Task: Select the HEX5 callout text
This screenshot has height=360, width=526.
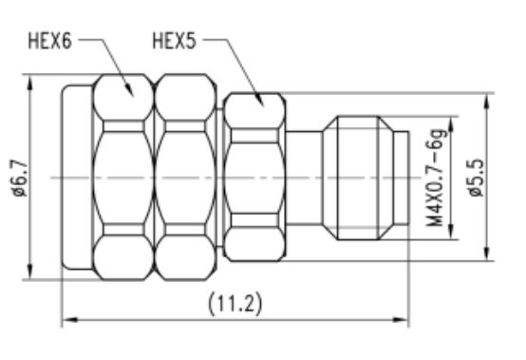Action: click(x=175, y=42)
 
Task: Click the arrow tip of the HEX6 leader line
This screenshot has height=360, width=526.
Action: click(x=129, y=94)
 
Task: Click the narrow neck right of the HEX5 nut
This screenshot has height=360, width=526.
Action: click(x=304, y=178)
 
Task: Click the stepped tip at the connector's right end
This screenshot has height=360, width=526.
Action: click(x=401, y=178)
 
